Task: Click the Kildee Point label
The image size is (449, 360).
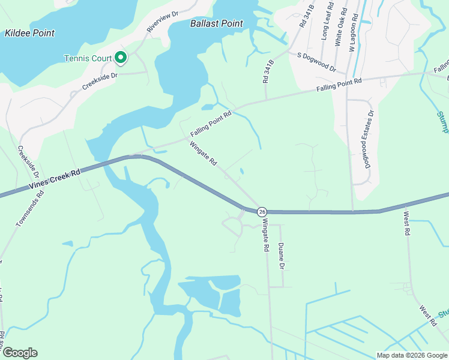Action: tap(29, 33)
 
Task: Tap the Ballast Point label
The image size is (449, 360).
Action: tap(217, 23)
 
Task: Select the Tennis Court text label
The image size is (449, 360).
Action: tap(88, 58)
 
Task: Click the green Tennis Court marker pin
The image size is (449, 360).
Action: tap(121, 58)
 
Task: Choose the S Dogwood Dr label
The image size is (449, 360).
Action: tap(317, 62)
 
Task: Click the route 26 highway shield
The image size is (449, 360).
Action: tap(262, 212)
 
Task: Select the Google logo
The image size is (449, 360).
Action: tap(20, 353)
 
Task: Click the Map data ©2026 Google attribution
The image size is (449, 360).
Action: tap(411, 355)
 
